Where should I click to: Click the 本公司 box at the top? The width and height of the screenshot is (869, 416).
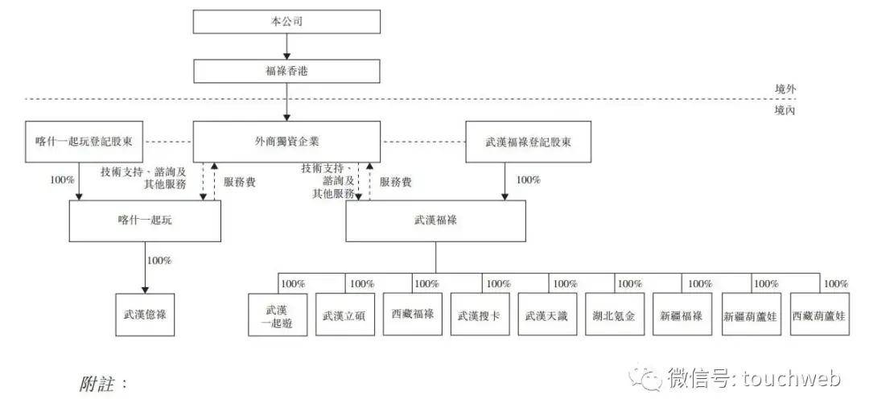point(287,22)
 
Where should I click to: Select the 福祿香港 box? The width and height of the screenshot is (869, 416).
point(287,71)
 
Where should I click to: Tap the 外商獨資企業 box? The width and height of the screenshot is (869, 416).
point(287,141)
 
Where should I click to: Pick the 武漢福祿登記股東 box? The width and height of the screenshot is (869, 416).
point(529,141)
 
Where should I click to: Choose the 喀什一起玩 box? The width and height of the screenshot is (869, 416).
point(145,220)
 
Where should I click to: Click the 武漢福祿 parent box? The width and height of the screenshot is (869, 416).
point(435,220)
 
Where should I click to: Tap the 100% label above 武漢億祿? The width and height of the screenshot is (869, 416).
point(159,260)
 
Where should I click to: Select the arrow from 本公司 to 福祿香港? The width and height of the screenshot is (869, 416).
point(287,46)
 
